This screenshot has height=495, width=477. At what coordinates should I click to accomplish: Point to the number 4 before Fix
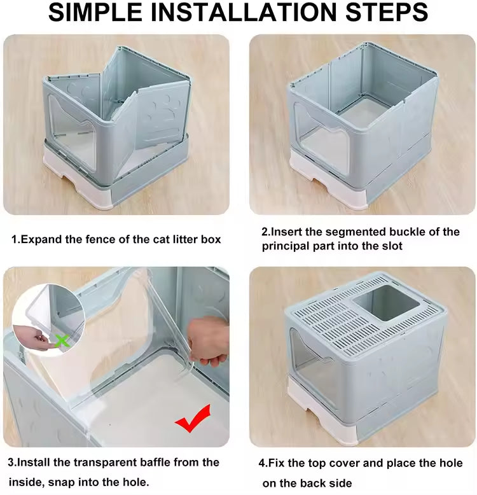[263, 463]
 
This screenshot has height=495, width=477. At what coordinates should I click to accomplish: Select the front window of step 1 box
[73, 137]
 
